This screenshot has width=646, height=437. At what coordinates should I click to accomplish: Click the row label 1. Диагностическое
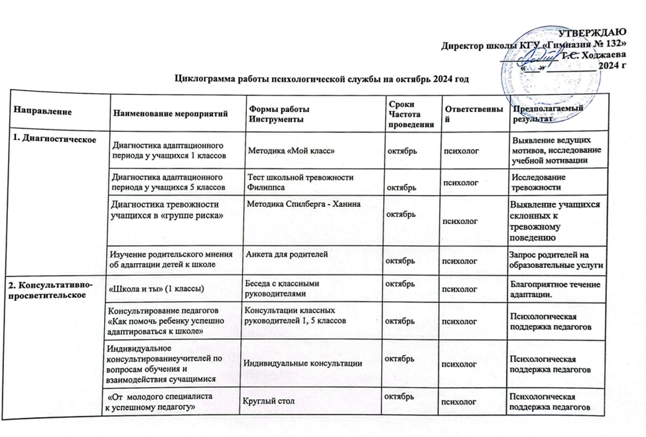(50, 139)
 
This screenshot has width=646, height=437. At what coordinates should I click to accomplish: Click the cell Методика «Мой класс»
(290, 151)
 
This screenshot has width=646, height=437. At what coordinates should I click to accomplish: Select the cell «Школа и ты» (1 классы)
(156, 287)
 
